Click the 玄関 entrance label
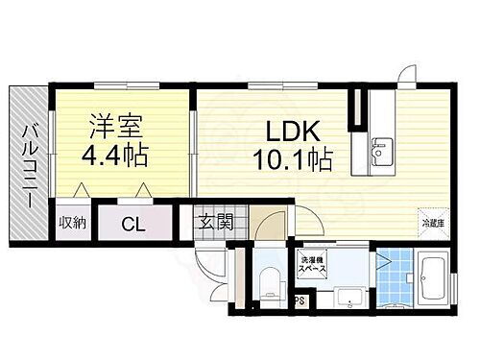click(x=216, y=223)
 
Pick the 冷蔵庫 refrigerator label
click(x=433, y=224)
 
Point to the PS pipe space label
click(x=300, y=300)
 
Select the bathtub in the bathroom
click(x=429, y=278)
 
